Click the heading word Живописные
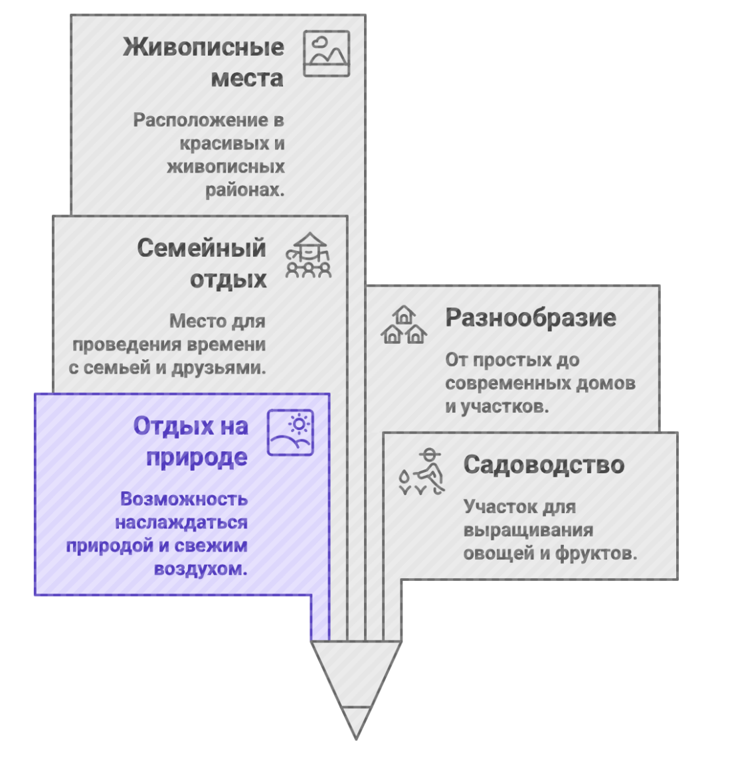coord(203,47)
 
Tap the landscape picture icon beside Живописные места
coord(326,54)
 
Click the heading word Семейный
coord(201,248)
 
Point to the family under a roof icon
coord(308,255)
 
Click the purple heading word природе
coord(197,457)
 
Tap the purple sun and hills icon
coord(290,433)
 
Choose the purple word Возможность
coord(184,498)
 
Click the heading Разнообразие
coord(531,318)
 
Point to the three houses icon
coord(404,325)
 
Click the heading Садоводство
coord(544,465)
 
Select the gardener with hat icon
coord(422,471)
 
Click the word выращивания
coord(528,530)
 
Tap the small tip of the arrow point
coord(356,739)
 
